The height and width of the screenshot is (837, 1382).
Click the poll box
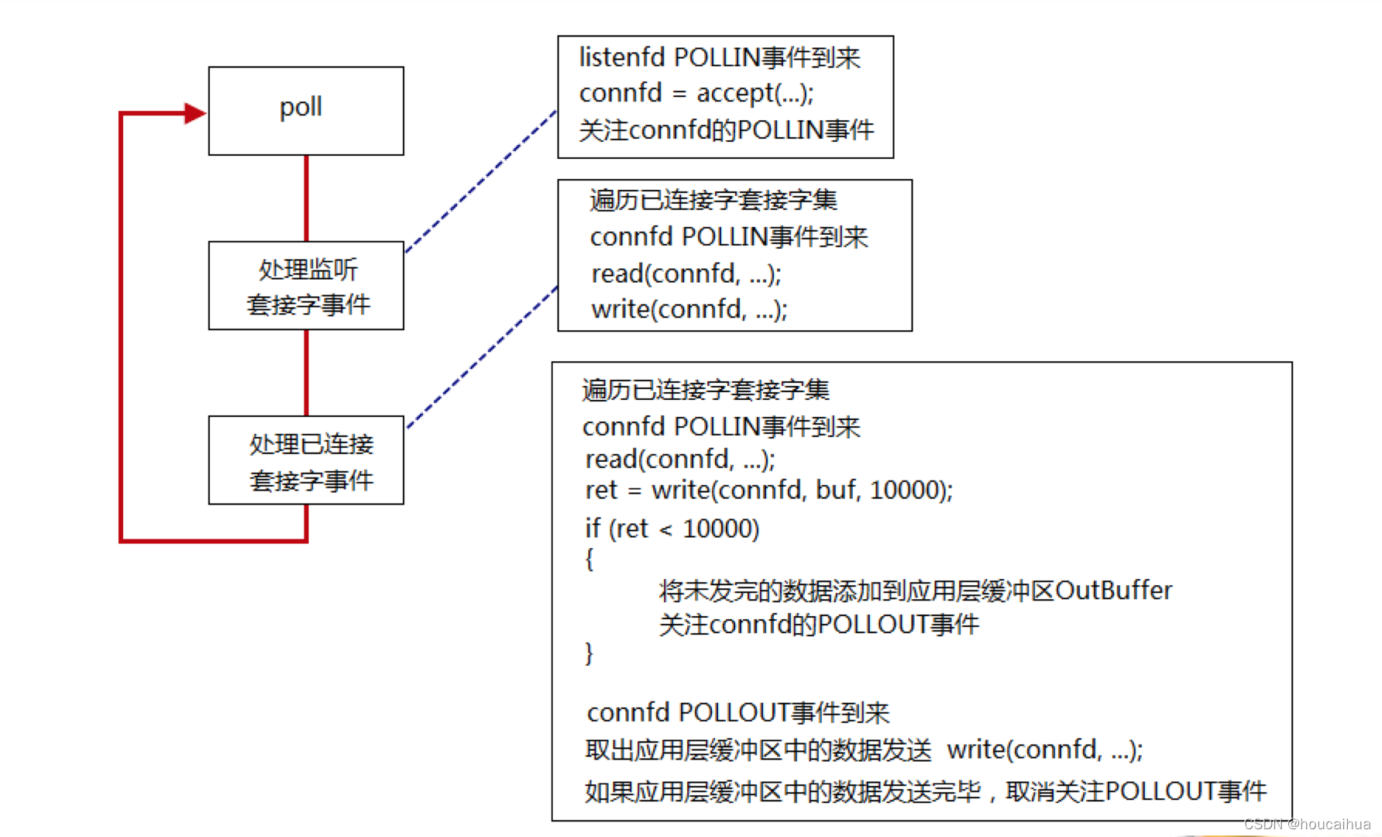pos(306,111)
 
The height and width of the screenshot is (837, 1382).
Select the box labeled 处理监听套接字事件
pos(306,286)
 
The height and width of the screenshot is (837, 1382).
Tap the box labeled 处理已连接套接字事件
pos(306,460)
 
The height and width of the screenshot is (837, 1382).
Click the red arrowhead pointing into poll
pos(194,113)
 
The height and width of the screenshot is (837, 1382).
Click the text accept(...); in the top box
pos(755,93)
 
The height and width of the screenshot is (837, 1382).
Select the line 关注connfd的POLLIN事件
pos(726,129)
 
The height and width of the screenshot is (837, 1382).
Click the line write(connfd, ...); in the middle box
pos(689,309)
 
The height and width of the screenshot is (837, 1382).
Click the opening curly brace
pos(590,559)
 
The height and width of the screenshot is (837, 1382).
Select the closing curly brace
pos(590,653)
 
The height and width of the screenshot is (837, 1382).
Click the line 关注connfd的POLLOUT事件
pos(819,624)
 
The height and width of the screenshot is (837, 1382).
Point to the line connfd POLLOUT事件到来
pos(737,712)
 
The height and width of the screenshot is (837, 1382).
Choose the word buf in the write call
pos(836,490)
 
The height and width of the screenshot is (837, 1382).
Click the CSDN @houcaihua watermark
pos(1307,824)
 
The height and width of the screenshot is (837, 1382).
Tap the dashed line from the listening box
pos(480,181)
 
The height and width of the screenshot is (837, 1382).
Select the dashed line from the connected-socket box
pos(482,357)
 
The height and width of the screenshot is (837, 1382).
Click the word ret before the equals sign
pos(601,490)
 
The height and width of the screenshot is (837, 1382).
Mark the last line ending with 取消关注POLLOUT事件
pos(925,791)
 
